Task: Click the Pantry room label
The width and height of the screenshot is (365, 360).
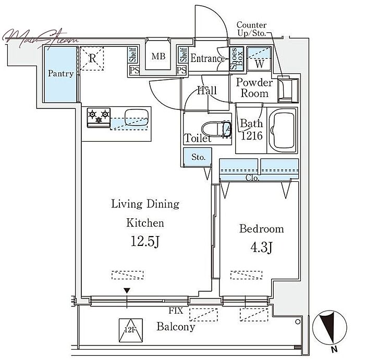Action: (x=60, y=74)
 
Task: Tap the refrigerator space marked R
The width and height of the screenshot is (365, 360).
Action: (x=92, y=58)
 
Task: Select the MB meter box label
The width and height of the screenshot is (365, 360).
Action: (x=159, y=56)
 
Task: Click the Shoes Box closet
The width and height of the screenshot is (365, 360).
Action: (x=236, y=58)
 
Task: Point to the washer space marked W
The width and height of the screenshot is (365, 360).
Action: (x=259, y=58)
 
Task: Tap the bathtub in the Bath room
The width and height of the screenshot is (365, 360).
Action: (x=283, y=130)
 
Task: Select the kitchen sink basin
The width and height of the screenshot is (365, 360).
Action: (x=137, y=117)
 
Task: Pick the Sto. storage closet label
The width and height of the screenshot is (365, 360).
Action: (x=198, y=157)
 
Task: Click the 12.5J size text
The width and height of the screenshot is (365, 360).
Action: (x=145, y=241)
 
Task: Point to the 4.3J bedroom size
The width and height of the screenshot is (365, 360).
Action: (x=261, y=247)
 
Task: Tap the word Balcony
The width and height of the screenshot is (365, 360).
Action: (x=176, y=327)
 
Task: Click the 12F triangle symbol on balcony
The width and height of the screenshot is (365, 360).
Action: (x=130, y=330)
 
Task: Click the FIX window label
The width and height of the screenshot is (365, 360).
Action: (x=176, y=310)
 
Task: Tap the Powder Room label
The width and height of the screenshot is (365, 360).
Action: (x=254, y=88)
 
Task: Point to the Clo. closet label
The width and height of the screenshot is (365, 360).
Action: (x=252, y=178)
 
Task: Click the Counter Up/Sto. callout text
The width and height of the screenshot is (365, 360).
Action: (x=252, y=29)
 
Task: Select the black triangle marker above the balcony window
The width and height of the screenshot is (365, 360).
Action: (x=127, y=291)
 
